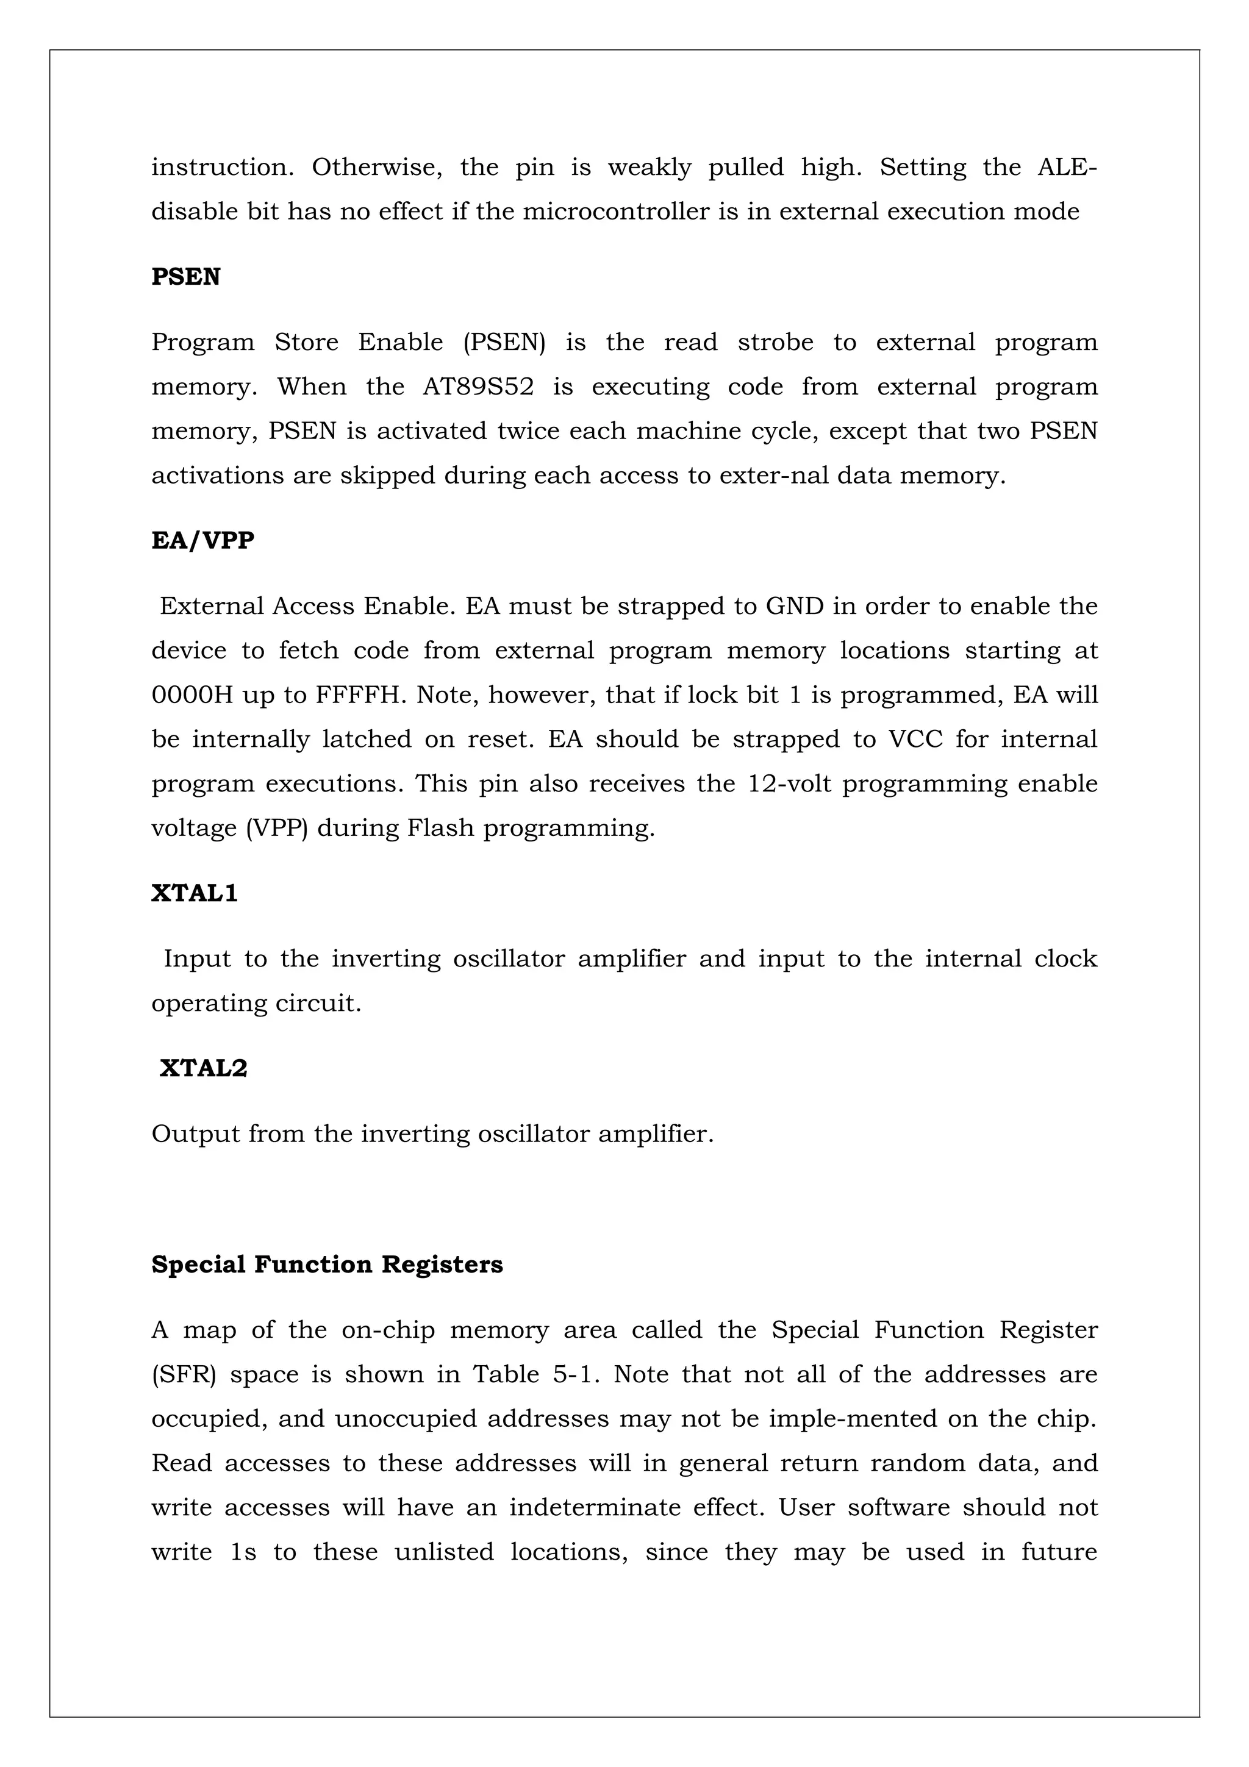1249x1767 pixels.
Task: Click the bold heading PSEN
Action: coord(185,277)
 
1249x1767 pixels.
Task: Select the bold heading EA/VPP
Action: coord(202,540)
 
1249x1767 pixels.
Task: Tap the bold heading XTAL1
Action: coord(194,893)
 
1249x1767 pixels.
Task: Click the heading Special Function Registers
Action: coord(327,1265)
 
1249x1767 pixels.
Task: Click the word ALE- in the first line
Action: coord(1067,167)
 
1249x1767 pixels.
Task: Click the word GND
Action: coord(794,607)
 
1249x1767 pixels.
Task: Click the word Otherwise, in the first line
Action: coord(376,167)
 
